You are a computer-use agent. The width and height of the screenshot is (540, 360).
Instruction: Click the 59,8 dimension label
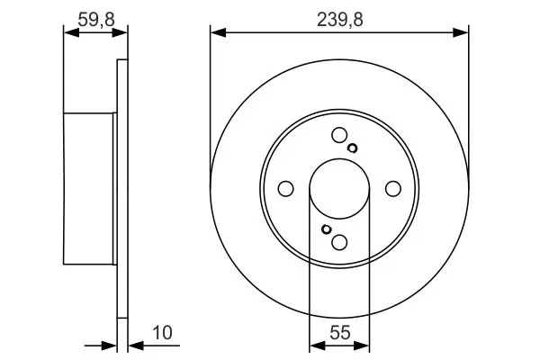(96, 19)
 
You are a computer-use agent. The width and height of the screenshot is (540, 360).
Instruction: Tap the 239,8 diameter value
(340, 19)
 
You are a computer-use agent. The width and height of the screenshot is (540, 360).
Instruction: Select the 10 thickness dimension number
(162, 333)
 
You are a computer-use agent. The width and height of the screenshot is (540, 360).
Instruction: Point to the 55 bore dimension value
(340, 333)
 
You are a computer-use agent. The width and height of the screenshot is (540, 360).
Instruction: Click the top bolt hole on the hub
(339, 135)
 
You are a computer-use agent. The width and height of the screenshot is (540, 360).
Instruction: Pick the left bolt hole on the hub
(285, 189)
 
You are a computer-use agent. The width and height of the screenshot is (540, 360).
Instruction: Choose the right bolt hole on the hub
(393, 189)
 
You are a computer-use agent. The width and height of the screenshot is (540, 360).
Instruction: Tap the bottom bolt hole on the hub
(339, 242)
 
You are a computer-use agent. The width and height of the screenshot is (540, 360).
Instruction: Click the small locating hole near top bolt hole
(352, 148)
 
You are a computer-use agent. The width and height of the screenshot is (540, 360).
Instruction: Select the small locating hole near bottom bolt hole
(326, 229)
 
